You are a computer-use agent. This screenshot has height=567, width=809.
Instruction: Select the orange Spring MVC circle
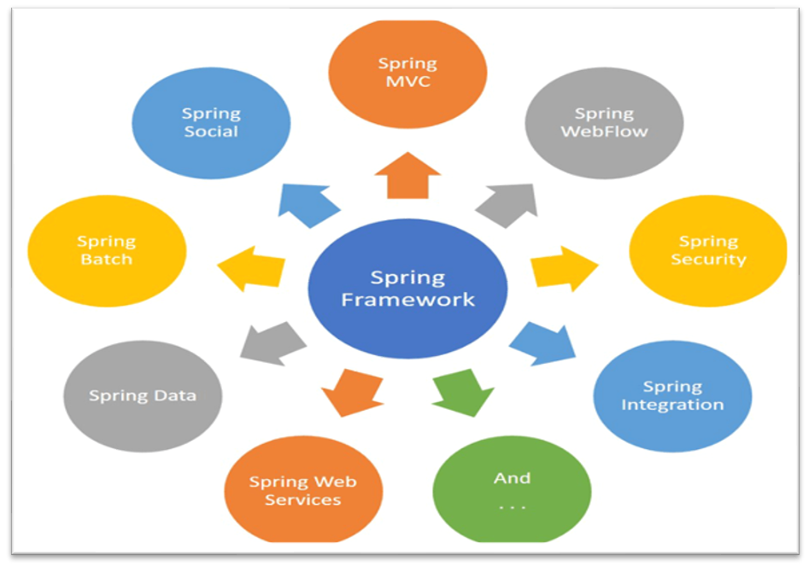point(407,73)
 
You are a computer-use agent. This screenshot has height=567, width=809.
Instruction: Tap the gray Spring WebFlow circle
point(603,122)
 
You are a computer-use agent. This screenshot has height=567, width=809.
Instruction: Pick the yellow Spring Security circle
point(707,250)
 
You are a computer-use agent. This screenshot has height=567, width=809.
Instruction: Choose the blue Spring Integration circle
point(671,395)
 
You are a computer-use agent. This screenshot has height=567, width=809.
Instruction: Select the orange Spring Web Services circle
point(302,490)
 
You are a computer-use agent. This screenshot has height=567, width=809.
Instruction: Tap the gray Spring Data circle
point(143,395)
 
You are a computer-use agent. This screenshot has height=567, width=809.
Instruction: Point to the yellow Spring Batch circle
point(107,250)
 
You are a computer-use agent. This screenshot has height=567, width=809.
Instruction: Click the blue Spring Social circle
point(211,122)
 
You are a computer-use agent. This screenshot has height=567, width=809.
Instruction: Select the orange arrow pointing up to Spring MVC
point(407,175)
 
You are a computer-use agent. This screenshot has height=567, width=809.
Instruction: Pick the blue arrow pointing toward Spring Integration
point(543,342)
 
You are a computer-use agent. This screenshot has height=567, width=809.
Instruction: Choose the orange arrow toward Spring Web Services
point(351,391)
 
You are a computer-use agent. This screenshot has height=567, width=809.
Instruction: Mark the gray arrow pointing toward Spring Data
point(273,342)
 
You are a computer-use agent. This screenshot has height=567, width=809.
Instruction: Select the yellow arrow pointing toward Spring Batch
point(251,268)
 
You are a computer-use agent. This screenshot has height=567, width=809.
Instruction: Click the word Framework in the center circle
point(407,300)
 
